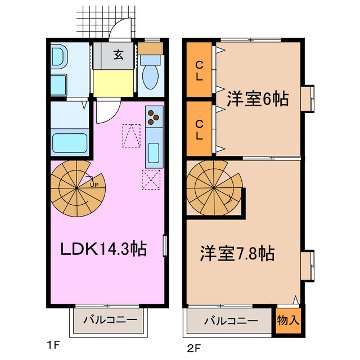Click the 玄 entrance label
coord(119,55)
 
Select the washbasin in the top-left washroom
coord(58,57)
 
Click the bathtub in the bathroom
coord(70,143)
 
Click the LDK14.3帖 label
coord(103,248)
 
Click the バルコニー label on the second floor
coord(231,321)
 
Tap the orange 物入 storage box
coord(289,321)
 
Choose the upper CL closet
coord(199,71)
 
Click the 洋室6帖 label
coord(258,99)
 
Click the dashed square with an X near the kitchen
coord(151,180)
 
